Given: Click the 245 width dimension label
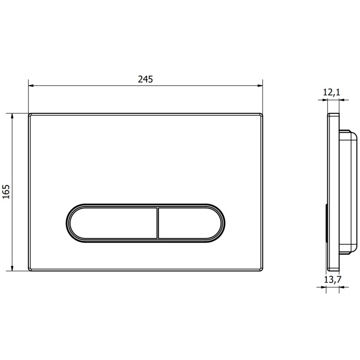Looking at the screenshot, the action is [145, 79].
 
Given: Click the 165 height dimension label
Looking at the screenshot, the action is [6, 192].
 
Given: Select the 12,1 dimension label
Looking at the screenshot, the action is [332, 92].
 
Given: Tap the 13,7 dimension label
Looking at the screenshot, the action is [333, 279].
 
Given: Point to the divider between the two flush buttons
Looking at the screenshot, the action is [158, 223].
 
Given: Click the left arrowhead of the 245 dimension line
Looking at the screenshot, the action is [31, 85].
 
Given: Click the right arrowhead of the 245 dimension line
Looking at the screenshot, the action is [260, 85].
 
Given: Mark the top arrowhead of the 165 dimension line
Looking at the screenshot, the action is [12, 116].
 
